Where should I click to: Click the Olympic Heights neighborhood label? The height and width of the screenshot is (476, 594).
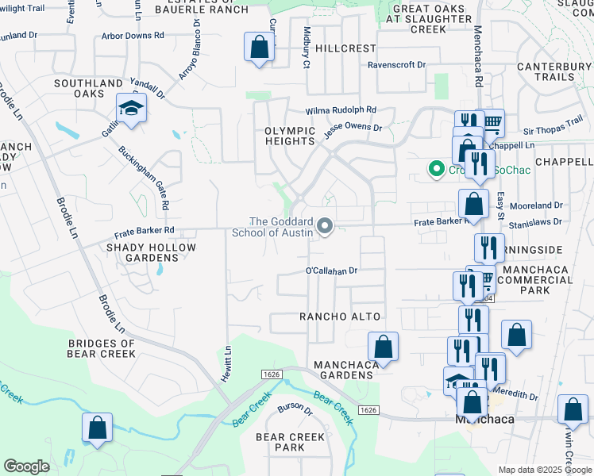(x=290, y=136)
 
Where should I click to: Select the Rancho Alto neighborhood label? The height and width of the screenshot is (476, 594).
(x=340, y=317)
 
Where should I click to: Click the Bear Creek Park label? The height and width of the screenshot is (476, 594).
(x=290, y=442)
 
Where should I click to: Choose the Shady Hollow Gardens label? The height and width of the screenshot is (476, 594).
(x=151, y=253)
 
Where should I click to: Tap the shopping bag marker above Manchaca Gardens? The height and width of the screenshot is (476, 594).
(x=383, y=347)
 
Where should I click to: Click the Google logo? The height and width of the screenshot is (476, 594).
(x=26, y=466)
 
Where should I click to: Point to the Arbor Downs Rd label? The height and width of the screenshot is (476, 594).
(x=133, y=36)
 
